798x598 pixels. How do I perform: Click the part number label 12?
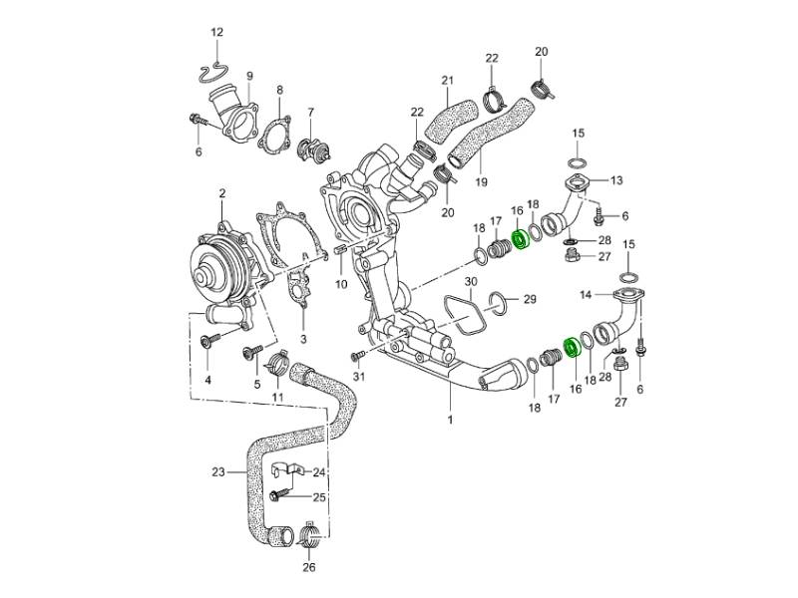(216, 33)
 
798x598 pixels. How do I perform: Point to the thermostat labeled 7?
(316, 149)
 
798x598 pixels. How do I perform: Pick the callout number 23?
(218, 471)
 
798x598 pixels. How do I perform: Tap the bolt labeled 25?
(278, 494)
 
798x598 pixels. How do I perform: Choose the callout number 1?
(450, 421)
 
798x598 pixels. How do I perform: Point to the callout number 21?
(447, 81)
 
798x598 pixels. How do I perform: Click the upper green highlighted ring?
(520, 240)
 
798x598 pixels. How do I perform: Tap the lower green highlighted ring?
(574, 347)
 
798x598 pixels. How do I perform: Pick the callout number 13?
(616, 180)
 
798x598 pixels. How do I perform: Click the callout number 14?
(587, 295)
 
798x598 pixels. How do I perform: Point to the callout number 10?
(340, 284)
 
